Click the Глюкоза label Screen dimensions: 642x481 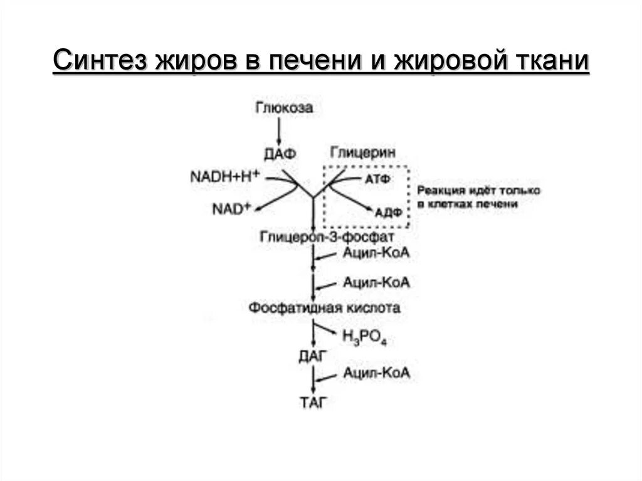pyautogui.click(x=284, y=108)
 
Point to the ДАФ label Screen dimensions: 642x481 pyautogui.click(x=279, y=153)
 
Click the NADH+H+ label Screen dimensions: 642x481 pyautogui.click(x=224, y=177)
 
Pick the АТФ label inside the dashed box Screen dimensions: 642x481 pyautogui.click(x=378, y=179)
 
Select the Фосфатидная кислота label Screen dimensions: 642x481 pyautogui.click(x=324, y=308)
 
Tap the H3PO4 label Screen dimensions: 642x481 pyautogui.click(x=364, y=336)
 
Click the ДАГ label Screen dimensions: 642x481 pyautogui.click(x=312, y=357)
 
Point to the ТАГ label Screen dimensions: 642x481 pyautogui.click(x=313, y=403)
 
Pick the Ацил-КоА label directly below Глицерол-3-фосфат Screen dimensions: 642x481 pyautogui.click(x=376, y=253)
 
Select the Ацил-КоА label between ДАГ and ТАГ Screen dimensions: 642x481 pyautogui.click(x=376, y=373)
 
